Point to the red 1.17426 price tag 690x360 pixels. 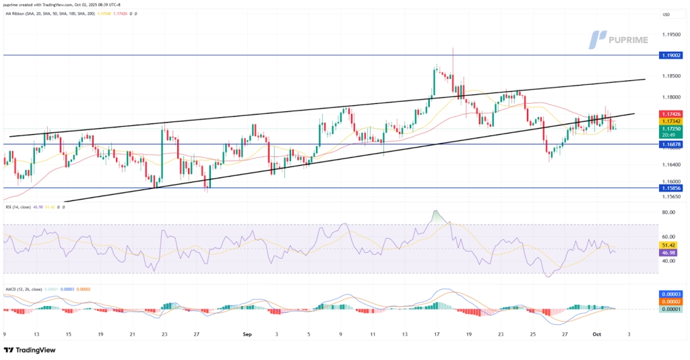coord(671,114)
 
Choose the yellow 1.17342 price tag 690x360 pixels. coord(671,121)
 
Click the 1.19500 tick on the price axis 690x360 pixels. coord(670,34)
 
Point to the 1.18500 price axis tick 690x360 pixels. coord(670,76)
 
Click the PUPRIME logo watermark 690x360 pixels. coord(619,38)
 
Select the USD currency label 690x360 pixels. coord(666,15)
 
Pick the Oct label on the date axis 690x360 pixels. coord(596,334)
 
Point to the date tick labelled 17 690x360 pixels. coord(437,334)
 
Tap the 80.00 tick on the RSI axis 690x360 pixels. coord(668,212)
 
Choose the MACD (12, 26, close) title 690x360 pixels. coord(24,289)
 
